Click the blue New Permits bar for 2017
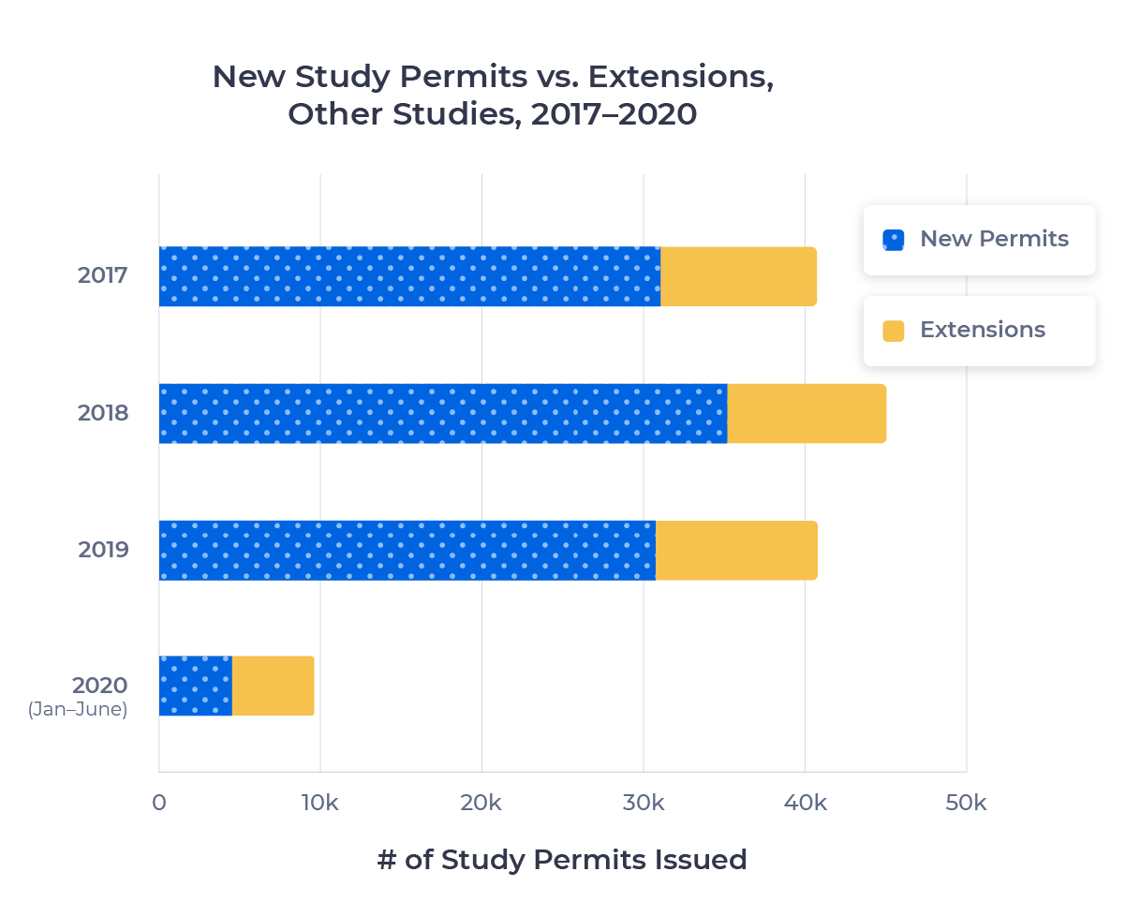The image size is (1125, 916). pyautogui.click(x=409, y=276)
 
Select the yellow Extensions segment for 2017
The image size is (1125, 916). pyautogui.click(x=739, y=276)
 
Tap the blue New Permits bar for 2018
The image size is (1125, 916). pyautogui.click(x=442, y=413)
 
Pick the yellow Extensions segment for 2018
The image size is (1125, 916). pyautogui.click(x=807, y=413)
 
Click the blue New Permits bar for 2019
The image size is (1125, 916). pyautogui.click(x=407, y=550)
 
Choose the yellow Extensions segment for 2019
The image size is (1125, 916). pyautogui.click(x=736, y=550)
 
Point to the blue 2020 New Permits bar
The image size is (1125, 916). pyautogui.click(x=196, y=687)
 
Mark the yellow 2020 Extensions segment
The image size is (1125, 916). pyautogui.click(x=274, y=687)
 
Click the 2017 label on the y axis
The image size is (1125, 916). pyautogui.click(x=102, y=276)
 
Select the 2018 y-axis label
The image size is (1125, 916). pyautogui.click(x=102, y=413)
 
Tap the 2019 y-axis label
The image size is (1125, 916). pyautogui.click(x=102, y=550)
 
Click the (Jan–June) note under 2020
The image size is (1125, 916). pyautogui.click(x=77, y=710)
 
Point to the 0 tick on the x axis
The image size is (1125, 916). pyautogui.click(x=159, y=804)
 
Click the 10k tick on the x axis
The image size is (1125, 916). pyautogui.click(x=320, y=804)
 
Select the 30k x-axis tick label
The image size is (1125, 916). pyautogui.click(x=644, y=804)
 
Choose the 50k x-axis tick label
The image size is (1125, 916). pyautogui.click(x=966, y=804)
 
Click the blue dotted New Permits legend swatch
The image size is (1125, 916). pyautogui.click(x=894, y=240)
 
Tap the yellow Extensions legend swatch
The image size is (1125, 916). pyautogui.click(x=894, y=331)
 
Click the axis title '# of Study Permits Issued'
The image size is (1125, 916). pyautogui.click(x=562, y=860)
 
